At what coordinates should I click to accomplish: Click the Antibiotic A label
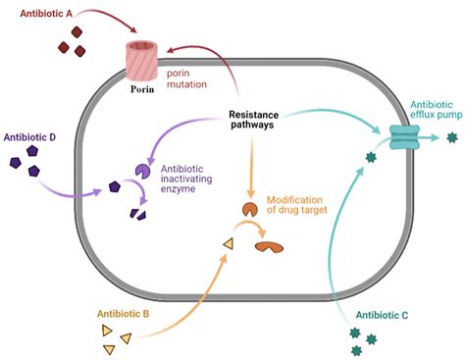click(x=40, y=14)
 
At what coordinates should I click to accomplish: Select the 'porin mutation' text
click(x=186, y=79)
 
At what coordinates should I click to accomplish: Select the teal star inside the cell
click(x=371, y=156)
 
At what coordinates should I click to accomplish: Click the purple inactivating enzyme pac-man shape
click(x=143, y=173)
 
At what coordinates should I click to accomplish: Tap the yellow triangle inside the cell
click(x=228, y=244)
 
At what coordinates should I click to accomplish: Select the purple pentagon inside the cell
click(x=115, y=186)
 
